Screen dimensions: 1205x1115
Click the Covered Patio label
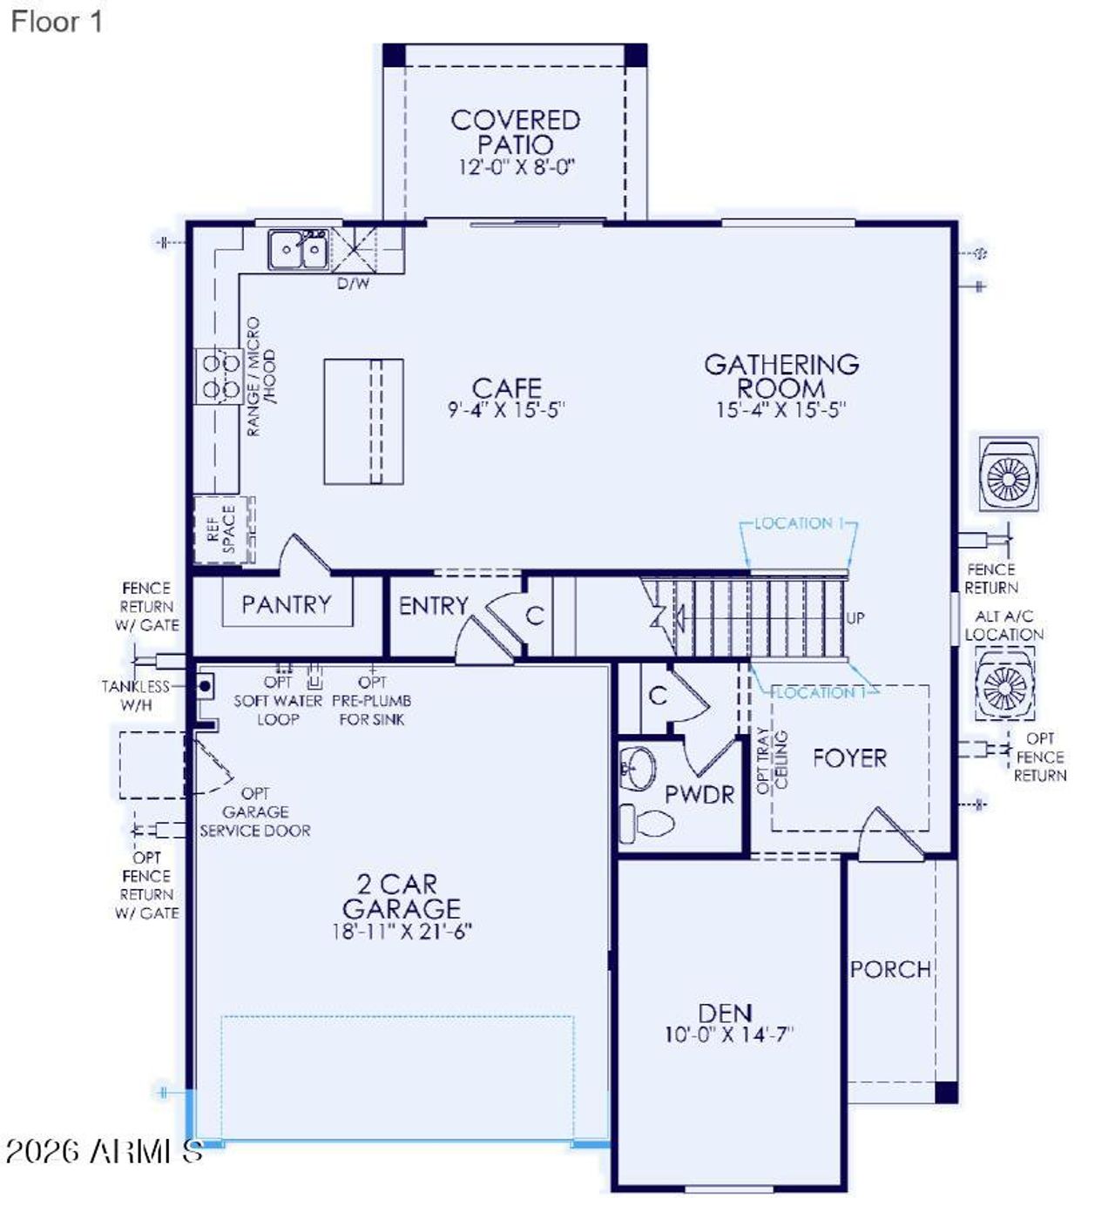click(x=515, y=132)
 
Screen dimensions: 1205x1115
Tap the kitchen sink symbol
click(x=298, y=250)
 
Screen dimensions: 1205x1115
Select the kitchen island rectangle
click(x=363, y=421)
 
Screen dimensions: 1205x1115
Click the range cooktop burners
click(x=218, y=375)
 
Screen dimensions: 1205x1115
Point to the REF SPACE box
click(x=223, y=529)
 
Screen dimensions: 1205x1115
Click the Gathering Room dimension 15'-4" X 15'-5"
click(x=780, y=410)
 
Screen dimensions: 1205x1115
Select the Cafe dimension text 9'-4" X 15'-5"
click(x=506, y=410)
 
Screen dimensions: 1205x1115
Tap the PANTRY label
click(x=287, y=604)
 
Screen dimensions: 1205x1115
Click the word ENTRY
click(x=433, y=605)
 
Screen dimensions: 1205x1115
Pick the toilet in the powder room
click(x=648, y=822)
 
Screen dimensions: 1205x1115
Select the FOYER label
click(x=849, y=758)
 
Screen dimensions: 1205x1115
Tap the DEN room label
click(x=725, y=1013)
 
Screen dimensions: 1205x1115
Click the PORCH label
click(x=890, y=969)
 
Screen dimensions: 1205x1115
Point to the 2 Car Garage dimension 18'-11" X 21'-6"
click(x=402, y=932)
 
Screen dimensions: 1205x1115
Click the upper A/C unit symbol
click(x=1009, y=475)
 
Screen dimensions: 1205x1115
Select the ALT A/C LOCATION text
click(x=1003, y=625)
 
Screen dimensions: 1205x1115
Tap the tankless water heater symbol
click(x=205, y=686)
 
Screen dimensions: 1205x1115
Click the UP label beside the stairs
click(x=855, y=618)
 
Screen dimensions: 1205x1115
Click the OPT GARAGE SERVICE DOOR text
click(x=255, y=812)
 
